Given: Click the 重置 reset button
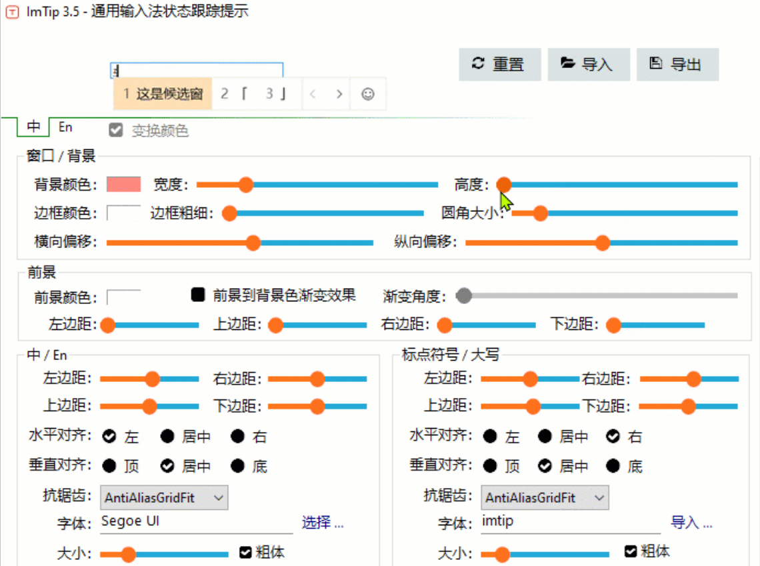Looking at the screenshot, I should (499, 65).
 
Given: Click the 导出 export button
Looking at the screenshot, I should (677, 65).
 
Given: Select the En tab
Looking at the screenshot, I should (65, 127).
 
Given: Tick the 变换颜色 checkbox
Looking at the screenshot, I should (117, 131).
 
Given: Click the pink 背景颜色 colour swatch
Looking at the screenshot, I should (124, 185).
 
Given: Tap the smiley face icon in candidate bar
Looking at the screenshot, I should (367, 94).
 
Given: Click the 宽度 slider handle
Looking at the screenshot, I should (246, 185).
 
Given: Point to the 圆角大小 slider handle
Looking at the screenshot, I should (540, 213).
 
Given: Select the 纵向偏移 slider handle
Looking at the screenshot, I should (603, 243).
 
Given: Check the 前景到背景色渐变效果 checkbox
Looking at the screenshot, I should (198, 295).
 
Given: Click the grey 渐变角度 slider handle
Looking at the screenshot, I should (464, 295).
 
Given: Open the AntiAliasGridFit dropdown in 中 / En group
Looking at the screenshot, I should (164, 497).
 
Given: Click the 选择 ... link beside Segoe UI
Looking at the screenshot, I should (323, 523).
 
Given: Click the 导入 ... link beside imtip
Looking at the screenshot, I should (691, 523).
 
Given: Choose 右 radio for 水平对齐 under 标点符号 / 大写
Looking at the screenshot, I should (613, 437).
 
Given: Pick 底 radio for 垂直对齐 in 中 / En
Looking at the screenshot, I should (238, 466).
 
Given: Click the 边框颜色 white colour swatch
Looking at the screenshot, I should (124, 213).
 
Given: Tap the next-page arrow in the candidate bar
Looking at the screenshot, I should (339, 94).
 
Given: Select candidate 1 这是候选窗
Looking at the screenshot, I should (163, 94).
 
